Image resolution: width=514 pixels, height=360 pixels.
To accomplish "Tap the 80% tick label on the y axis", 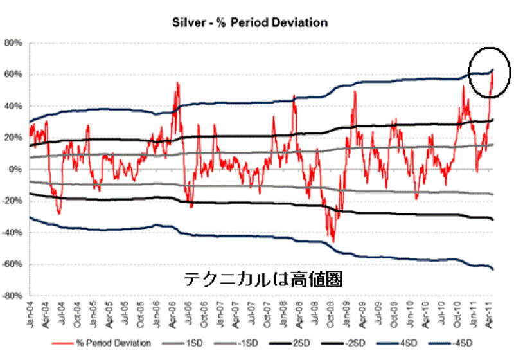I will point(13,43).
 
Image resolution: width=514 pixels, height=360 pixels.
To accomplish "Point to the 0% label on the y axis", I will point(16,169).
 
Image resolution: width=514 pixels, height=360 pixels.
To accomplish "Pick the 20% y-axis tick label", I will point(13,138).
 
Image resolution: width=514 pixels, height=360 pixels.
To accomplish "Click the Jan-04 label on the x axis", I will point(30,315).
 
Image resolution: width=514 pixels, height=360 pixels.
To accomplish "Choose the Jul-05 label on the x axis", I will point(125,315).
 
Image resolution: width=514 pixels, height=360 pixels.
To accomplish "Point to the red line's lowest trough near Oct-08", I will point(333,242).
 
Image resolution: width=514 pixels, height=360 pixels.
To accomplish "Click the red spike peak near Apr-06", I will point(176,84).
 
